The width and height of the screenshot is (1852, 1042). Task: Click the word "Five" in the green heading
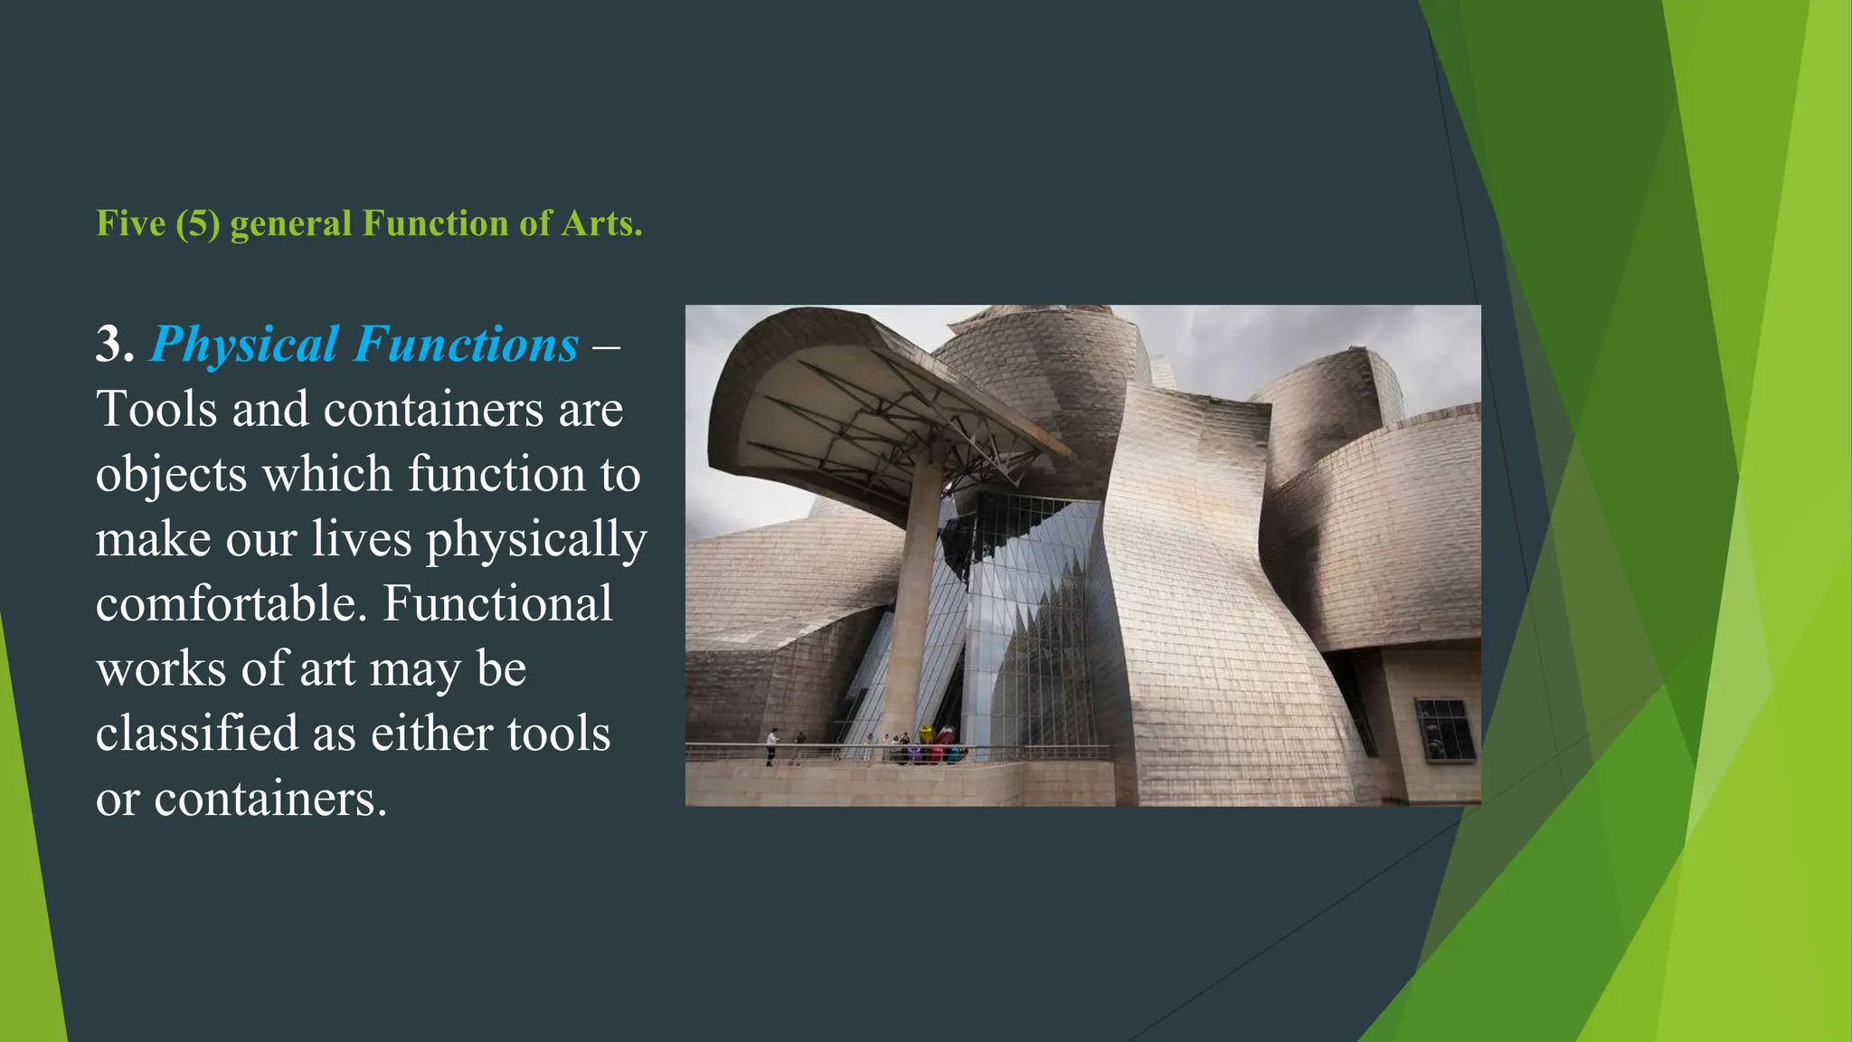[130, 223]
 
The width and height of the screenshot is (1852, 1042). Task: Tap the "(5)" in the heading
[198, 223]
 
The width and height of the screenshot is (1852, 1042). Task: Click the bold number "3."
[115, 345]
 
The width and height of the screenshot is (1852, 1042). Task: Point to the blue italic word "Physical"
[244, 345]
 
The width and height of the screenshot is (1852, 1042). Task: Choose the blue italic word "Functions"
[466, 345]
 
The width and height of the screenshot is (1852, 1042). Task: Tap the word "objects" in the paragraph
[171, 475]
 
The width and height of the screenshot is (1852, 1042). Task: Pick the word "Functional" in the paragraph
[498, 603]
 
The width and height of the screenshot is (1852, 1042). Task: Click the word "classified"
[196, 733]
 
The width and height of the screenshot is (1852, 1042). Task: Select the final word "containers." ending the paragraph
[270, 799]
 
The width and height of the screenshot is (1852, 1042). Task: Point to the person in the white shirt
[771, 746]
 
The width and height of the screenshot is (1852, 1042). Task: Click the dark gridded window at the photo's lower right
[1443, 728]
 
